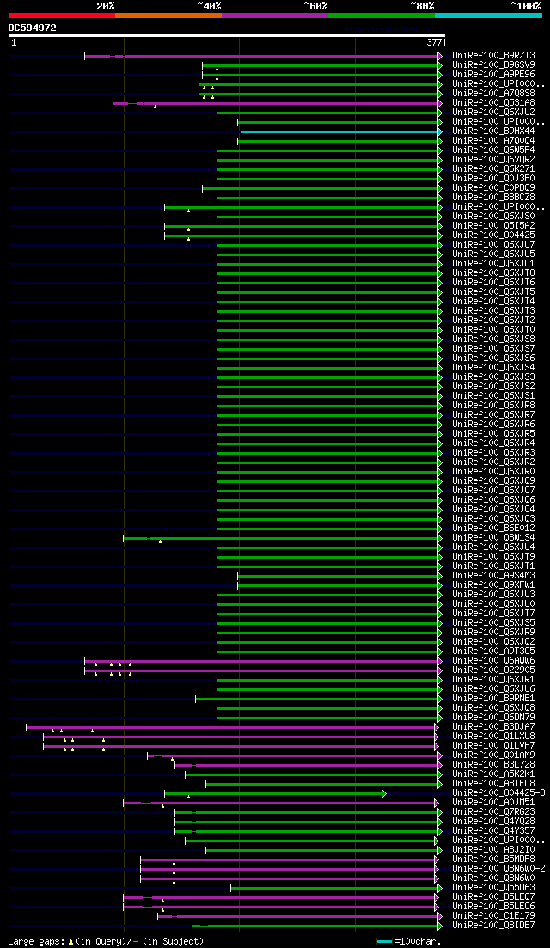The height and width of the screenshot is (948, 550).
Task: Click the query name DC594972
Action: (33, 28)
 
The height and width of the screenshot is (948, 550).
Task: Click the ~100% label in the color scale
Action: (525, 6)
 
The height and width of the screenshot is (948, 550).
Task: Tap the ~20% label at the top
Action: (105, 6)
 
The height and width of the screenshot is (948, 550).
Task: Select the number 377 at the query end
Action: (434, 41)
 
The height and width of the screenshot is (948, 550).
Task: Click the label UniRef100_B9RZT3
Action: (493, 56)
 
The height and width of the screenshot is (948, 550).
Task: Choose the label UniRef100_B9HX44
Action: (493, 131)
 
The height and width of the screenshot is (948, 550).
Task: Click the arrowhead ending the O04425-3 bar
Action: (384, 793)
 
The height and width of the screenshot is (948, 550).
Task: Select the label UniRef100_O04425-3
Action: (498, 793)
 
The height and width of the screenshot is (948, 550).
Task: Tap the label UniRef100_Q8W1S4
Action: (493, 538)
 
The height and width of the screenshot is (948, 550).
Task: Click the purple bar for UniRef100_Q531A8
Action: (275, 103)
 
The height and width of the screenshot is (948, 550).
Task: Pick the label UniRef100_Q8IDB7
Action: (493, 926)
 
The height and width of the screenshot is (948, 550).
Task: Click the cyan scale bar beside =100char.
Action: (384, 941)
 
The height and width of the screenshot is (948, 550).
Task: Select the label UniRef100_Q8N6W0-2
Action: (498, 869)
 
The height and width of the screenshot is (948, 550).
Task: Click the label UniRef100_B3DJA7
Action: (493, 727)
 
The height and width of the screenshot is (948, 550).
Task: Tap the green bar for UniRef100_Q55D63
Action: (335, 888)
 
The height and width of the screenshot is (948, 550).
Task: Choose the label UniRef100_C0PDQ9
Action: (493, 188)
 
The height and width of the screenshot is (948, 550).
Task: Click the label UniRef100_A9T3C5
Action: (493, 651)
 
